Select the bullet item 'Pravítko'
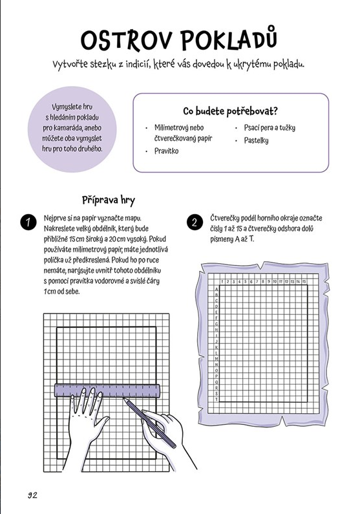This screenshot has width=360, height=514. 166,151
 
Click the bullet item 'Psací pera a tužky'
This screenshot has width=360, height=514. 270,128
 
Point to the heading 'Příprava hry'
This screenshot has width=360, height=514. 108,200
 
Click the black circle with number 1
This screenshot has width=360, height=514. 27,223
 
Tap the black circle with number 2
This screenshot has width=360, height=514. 195,223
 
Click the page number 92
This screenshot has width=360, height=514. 32,495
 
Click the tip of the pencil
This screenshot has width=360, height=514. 125,400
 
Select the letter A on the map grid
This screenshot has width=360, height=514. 216,290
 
